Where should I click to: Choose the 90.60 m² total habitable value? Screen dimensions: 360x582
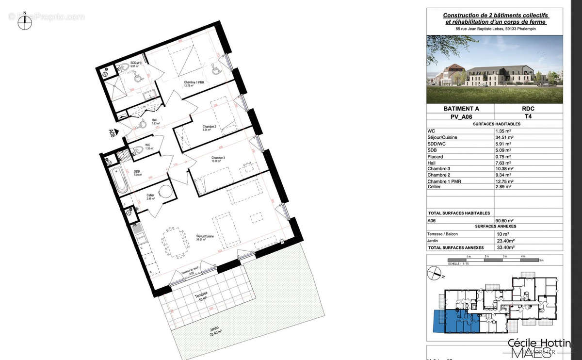point(505,220)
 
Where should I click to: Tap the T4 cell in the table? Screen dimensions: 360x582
point(528,117)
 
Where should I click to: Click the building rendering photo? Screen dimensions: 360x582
point(494,69)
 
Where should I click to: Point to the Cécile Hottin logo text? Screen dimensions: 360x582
point(539,343)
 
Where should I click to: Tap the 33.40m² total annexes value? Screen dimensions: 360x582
point(505,246)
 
